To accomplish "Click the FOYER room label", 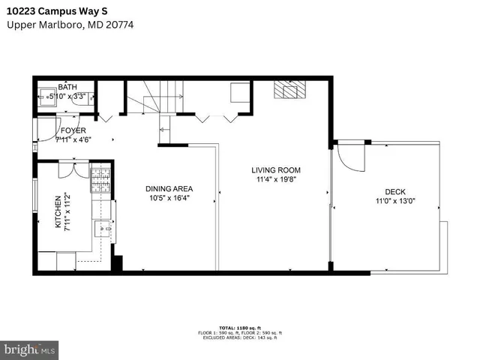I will (x=73, y=130).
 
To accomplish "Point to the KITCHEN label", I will (x=58, y=213).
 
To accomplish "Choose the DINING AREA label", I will (x=170, y=189).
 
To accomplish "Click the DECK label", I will (x=394, y=191).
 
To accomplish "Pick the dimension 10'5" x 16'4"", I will (x=170, y=198).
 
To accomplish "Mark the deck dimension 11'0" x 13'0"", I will (x=395, y=200).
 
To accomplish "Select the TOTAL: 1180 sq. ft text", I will (x=240, y=327).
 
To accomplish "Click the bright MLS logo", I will (x=29, y=349).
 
